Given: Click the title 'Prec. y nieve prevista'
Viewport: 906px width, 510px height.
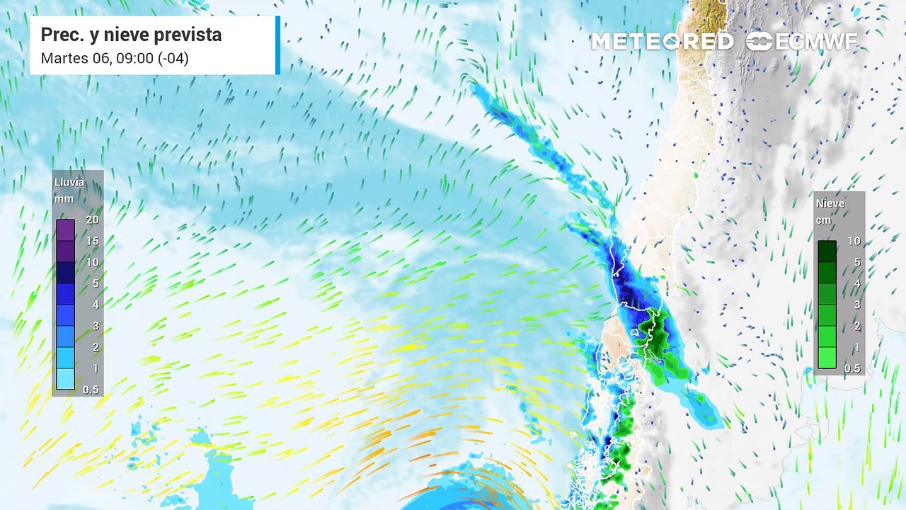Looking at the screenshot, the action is click(131, 35).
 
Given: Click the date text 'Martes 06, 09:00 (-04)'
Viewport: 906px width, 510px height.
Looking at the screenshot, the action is click(115, 58).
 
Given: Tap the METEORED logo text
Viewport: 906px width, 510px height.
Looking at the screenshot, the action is click(662, 42).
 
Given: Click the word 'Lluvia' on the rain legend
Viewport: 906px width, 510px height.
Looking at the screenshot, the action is click(69, 182).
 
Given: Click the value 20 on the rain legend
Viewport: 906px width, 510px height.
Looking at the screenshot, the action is click(92, 220).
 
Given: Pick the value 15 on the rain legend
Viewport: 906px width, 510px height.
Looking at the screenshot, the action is click(92, 241).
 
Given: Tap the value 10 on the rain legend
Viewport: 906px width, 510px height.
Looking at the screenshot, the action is click(92, 262).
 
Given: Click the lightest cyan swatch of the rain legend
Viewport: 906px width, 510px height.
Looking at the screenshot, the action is click(65, 379).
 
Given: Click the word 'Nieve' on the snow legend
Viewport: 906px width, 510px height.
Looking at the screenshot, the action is click(830, 203).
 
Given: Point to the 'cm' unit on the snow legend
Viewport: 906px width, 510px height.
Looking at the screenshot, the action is click(823, 220).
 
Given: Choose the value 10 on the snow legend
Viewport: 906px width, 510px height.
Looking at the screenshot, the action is click(854, 241).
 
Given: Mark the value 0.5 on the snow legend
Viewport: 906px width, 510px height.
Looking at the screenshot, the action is click(852, 368).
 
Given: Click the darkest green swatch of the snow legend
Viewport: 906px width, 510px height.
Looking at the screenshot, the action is click(827, 251).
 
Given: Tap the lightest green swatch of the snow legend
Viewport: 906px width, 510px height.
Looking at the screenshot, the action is click(827, 358).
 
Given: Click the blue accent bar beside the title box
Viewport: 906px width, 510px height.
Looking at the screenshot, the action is click(277, 45).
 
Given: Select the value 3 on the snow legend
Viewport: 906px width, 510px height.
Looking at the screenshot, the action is click(856, 305).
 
